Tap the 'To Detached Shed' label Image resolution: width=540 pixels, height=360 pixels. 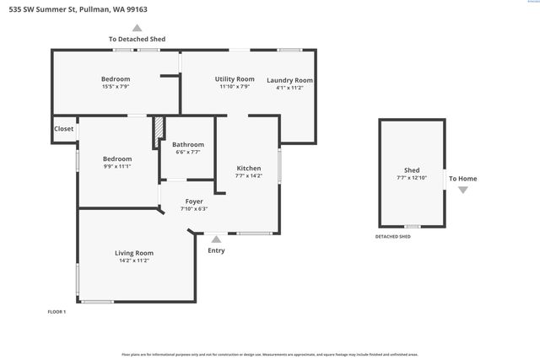[137, 39]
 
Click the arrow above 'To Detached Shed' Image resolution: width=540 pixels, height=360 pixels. [137, 28]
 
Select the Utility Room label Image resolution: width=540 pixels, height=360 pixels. [235, 78]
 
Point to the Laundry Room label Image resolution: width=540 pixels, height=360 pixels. [290, 80]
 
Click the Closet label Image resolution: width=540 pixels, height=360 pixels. [63, 129]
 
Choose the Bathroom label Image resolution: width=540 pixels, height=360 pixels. [188, 144]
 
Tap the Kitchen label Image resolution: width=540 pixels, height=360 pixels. [248, 169]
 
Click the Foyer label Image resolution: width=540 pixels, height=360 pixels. [194, 201]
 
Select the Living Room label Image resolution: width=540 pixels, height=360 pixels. [134, 253]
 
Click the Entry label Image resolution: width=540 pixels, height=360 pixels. [216, 250]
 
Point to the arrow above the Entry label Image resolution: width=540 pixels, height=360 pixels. [216, 239]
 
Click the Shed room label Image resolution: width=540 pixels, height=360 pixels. [412, 170]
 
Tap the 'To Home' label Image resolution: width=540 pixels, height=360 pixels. [462, 178]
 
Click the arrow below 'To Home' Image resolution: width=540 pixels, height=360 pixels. [462, 190]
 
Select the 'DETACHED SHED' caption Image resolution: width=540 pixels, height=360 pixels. [393, 237]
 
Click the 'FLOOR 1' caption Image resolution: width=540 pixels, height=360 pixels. [57, 312]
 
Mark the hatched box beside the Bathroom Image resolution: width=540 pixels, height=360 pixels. [157, 132]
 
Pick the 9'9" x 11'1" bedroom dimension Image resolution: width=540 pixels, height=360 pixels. [117, 166]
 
